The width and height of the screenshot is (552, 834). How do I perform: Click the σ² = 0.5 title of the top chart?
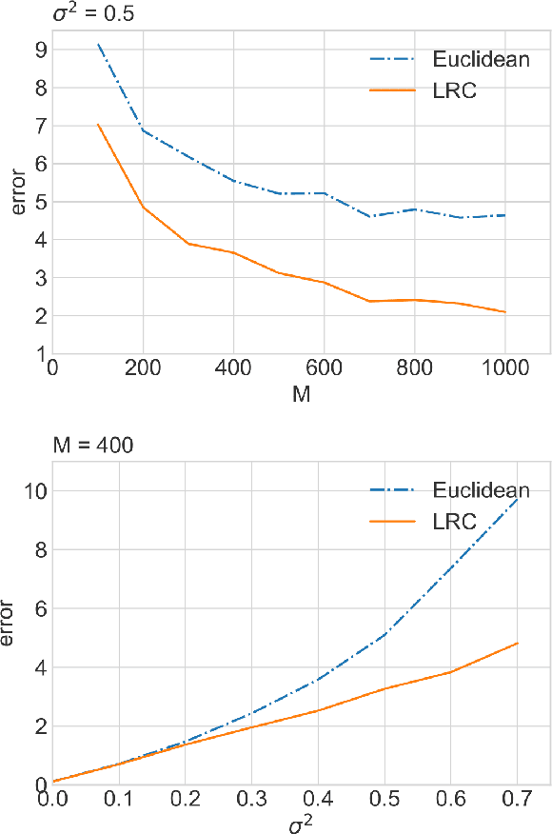(x=41, y=12)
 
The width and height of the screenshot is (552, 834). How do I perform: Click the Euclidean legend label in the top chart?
(x=481, y=60)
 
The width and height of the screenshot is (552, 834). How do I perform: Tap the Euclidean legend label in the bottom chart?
(x=481, y=490)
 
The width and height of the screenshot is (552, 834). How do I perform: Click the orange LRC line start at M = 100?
(x=98, y=125)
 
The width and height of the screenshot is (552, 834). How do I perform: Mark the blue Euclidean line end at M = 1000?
(x=505, y=215)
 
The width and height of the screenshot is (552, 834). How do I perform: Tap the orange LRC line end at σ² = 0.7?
(x=517, y=644)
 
